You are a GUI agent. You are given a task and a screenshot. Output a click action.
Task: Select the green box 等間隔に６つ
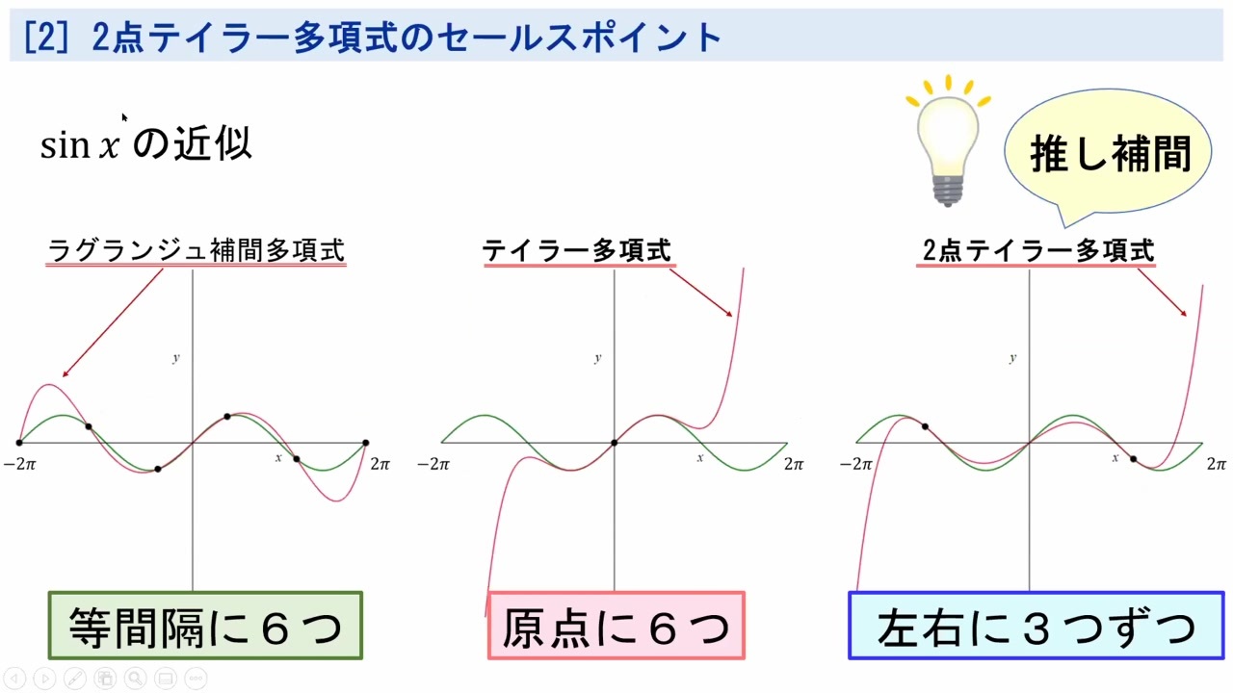[205, 626]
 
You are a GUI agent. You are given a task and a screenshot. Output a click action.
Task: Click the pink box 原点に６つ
[616, 626]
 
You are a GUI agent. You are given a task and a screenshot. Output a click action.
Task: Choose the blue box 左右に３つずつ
[1036, 626]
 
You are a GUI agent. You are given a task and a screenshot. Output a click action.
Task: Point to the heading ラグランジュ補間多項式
[197, 251]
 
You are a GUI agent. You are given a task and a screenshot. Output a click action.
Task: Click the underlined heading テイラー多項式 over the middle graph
[577, 251]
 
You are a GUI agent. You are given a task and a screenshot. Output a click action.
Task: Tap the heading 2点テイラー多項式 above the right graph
[1036, 251]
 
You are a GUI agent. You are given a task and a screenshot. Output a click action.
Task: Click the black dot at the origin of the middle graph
[614, 443]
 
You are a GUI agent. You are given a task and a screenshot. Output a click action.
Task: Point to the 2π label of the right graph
[1217, 464]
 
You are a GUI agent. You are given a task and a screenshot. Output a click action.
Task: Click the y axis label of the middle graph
[598, 358]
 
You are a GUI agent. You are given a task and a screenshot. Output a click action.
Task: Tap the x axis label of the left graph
[278, 457]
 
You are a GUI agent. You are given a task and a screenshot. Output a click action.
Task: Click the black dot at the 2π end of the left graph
[366, 443]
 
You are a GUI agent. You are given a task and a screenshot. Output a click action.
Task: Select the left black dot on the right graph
[925, 426]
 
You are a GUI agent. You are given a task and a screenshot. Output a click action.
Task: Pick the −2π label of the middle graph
[433, 464]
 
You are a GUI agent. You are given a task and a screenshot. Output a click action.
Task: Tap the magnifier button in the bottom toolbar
[135, 679]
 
